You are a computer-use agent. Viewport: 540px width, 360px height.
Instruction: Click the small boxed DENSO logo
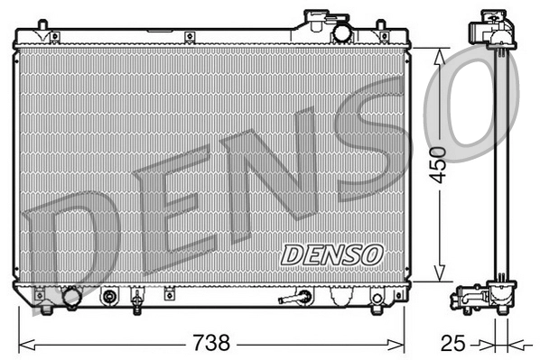coord(331,254)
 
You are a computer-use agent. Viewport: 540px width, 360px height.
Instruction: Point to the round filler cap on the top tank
coord(342,33)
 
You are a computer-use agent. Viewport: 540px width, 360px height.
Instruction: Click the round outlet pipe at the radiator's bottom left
coord(70,296)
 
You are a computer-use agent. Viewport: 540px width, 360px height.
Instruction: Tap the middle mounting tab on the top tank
coord(191,36)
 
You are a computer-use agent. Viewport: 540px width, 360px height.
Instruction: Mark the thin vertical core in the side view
coord(498,162)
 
